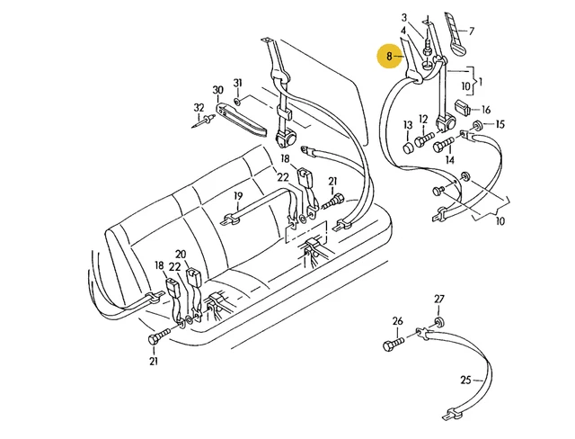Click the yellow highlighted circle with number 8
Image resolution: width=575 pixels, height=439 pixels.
point(390,56)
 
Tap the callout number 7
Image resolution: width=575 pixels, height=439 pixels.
point(472,31)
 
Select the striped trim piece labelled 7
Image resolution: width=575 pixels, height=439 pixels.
point(455,34)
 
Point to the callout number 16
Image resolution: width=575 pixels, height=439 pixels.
point(486,110)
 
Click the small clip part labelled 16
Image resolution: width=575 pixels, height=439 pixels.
point(463,108)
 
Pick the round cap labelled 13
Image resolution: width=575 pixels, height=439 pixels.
point(408,148)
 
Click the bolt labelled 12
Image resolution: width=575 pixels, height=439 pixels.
point(424,140)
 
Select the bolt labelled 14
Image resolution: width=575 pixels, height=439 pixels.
point(443,145)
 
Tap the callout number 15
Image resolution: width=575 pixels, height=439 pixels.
point(500,124)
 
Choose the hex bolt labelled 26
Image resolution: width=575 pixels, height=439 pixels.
point(394,344)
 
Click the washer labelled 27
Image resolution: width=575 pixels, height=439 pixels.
point(438,323)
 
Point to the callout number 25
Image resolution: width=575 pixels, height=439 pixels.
point(465,380)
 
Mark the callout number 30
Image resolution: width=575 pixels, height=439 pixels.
point(217,90)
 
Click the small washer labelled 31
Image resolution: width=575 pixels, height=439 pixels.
point(237,101)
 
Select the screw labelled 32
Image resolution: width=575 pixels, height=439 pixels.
point(204,121)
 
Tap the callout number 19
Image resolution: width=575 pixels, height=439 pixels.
point(238,196)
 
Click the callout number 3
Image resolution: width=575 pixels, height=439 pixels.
point(404,17)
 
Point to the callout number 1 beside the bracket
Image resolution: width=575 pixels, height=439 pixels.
point(481,82)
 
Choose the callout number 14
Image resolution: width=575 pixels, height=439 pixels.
point(449,160)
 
